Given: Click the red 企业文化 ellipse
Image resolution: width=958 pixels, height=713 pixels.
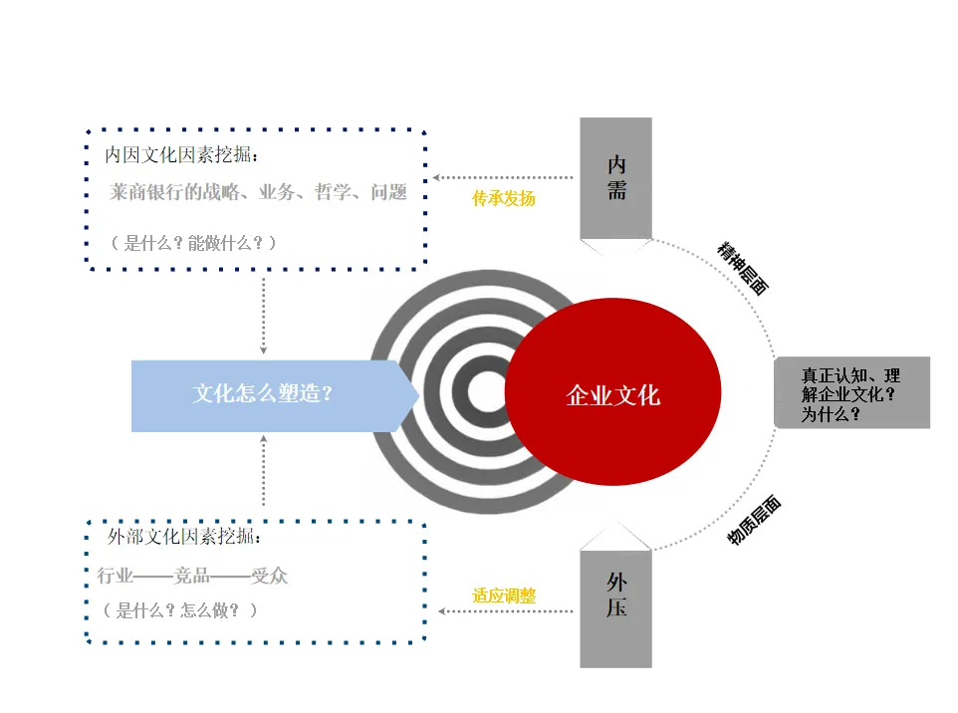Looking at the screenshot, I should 612,393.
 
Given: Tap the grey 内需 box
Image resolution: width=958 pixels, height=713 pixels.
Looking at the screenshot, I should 615,178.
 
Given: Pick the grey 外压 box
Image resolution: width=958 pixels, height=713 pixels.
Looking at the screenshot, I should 615,594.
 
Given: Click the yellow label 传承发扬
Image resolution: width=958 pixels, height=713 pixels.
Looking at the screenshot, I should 503,198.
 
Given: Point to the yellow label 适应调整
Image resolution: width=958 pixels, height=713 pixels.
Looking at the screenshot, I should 504,595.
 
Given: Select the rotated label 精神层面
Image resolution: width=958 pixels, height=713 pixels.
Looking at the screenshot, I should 743,268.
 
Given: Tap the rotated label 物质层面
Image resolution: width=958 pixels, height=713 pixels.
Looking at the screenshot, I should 754,521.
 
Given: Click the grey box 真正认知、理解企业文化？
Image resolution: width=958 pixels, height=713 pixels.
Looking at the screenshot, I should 851,394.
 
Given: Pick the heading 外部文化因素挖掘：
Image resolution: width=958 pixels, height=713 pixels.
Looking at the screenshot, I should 185,538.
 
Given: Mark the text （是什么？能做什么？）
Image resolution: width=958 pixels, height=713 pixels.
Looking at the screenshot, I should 193,243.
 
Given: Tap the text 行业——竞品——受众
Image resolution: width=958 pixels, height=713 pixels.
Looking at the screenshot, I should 193,576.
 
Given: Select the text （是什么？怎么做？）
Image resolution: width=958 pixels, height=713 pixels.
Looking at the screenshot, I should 179,610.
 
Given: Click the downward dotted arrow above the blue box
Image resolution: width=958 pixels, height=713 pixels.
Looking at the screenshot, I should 264,314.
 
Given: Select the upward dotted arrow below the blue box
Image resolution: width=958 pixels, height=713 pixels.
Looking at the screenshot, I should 264,473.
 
